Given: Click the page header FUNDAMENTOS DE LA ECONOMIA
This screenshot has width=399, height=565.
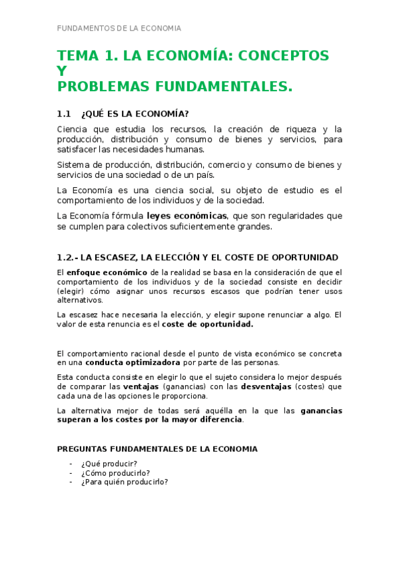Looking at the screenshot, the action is [119, 29].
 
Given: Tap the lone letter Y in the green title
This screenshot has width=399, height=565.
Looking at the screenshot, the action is [62, 71].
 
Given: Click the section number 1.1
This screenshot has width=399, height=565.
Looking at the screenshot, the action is [64, 113].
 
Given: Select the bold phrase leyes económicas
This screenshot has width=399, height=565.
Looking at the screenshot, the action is [187, 216].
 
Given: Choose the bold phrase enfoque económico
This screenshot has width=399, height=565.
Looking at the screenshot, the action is [107, 273].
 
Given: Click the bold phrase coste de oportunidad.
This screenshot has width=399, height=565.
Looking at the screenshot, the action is [208, 324].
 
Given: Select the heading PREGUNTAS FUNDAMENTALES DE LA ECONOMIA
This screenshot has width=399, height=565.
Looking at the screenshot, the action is [157, 449].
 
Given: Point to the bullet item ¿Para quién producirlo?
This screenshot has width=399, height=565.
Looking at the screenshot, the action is [125, 482].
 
